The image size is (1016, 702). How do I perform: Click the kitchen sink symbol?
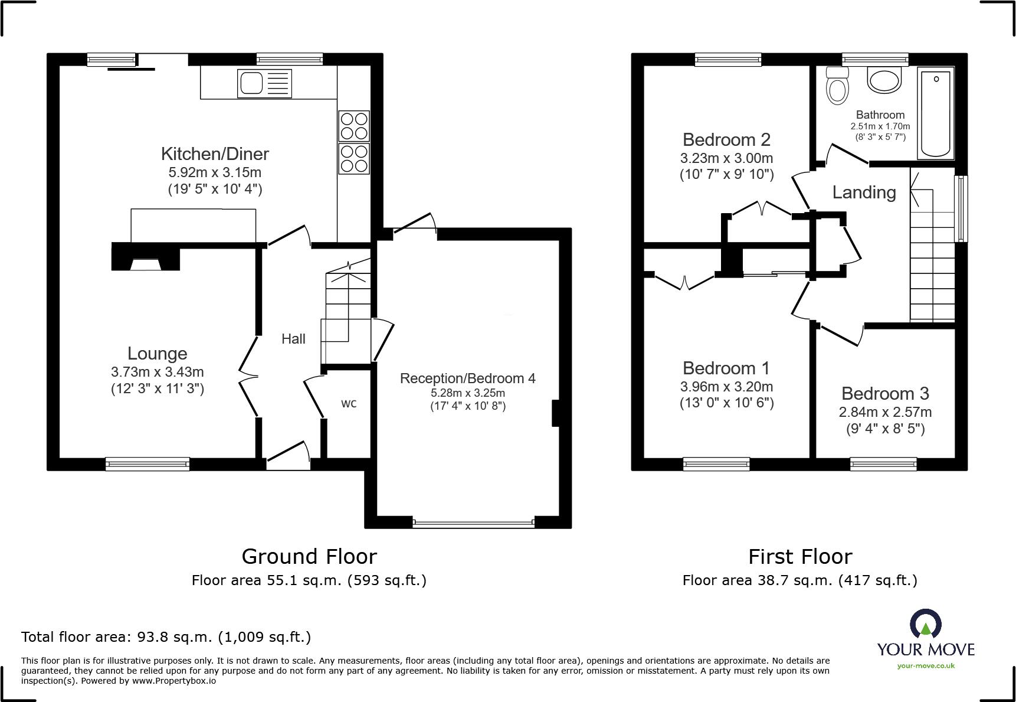[x=264, y=83]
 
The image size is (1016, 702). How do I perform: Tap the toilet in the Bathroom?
[x=837, y=86]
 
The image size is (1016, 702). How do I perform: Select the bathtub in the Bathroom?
[x=935, y=113]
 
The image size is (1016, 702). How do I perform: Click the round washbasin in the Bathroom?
[x=884, y=80]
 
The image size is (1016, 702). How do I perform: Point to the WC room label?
[x=349, y=404]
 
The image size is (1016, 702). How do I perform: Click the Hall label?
[x=293, y=339]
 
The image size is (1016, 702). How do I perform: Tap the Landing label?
[x=864, y=192]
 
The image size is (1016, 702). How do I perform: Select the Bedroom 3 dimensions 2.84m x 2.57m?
[x=885, y=412]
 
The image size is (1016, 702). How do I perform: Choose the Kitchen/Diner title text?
[x=215, y=154]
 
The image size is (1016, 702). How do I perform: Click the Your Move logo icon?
[x=925, y=625]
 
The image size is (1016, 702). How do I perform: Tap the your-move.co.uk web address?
[x=925, y=666]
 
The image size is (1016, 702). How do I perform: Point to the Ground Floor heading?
[x=309, y=557]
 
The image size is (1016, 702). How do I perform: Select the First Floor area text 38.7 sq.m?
[x=799, y=580]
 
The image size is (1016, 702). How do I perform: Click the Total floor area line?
[x=166, y=637]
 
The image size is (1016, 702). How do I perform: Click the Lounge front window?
[x=148, y=464]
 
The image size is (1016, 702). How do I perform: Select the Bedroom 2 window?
[x=727, y=59]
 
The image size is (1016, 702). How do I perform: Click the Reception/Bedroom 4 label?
[x=467, y=378]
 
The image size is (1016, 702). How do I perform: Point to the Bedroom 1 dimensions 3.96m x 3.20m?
[x=726, y=387]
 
